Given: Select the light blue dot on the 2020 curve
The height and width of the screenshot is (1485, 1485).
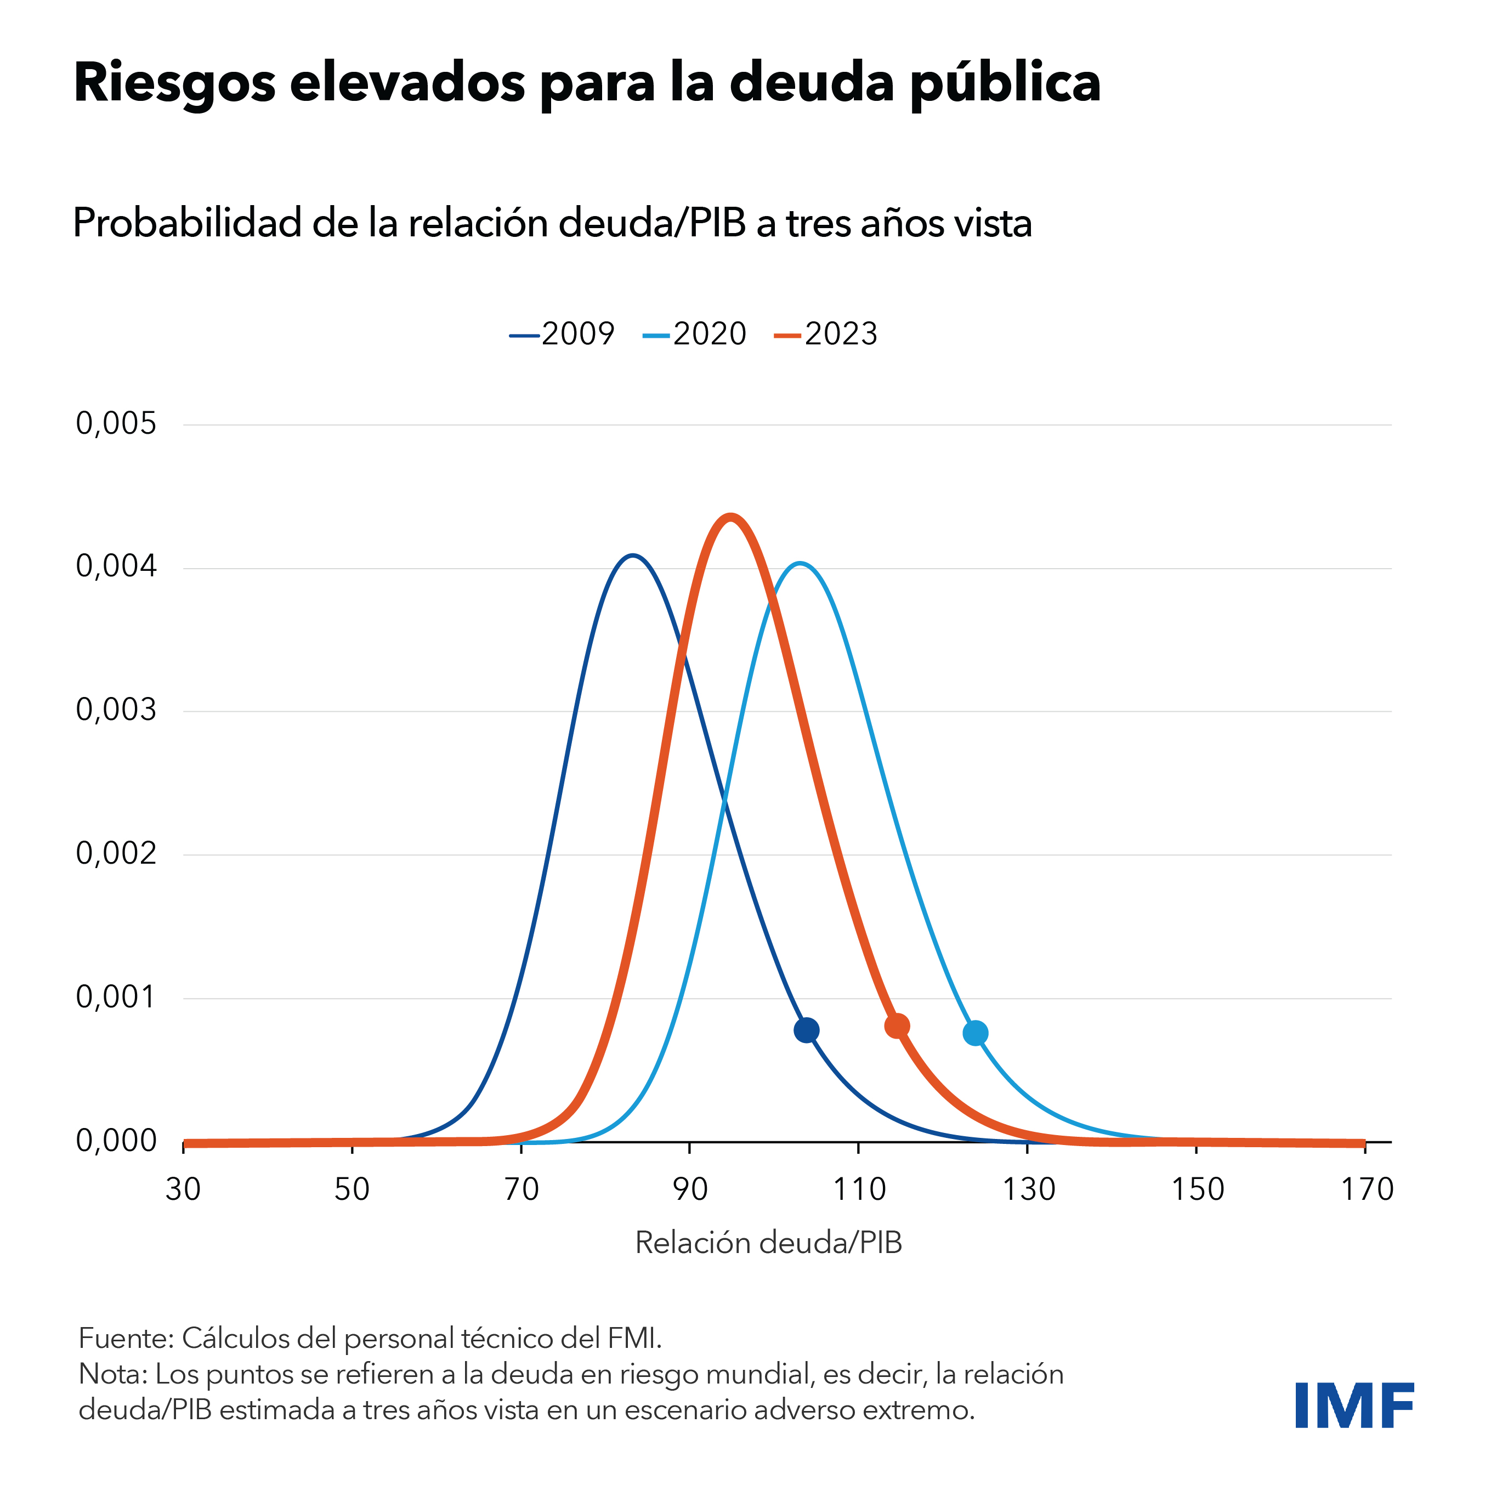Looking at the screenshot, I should coord(976,1033).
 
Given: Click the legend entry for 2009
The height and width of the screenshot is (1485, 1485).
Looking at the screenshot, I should coord(563,335).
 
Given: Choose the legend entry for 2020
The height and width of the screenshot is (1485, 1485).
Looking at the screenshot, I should coord(695,335).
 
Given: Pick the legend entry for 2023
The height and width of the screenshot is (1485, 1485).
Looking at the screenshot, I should coord(826,335).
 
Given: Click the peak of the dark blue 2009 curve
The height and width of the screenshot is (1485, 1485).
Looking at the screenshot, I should coord(632,555).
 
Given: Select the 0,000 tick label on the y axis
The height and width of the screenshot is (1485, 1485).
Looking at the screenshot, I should coord(116,1141).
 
